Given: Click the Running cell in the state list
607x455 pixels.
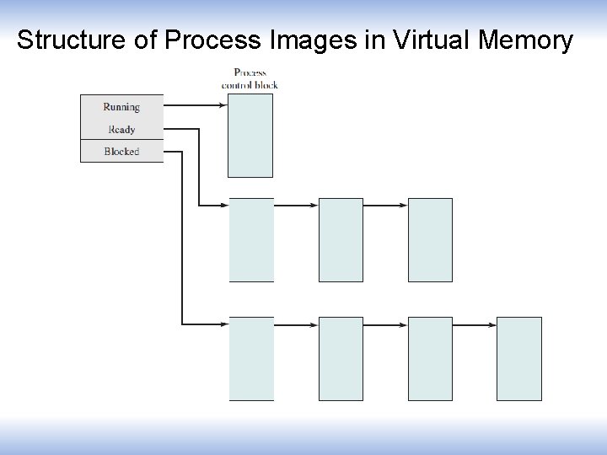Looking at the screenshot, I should [x=121, y=107].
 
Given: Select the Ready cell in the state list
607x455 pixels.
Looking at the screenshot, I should [x=121, y=130].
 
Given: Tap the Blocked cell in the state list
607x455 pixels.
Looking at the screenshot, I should [x=121, y=152].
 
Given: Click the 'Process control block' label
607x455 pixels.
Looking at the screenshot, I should [x=250, y=78].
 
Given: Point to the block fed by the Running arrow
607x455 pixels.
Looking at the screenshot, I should [x=250, y=135].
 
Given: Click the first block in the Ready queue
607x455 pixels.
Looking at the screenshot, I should [x=251, y=239].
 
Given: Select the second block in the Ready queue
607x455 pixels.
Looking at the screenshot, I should [x=341, y=239].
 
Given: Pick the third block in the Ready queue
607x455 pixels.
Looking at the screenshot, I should [x=430, y=239].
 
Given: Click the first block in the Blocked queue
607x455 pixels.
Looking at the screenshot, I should [x=251, y=358].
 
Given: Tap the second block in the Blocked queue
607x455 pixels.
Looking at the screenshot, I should [x=341, y=358].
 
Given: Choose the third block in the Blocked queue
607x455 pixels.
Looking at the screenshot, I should [x=430, y=358].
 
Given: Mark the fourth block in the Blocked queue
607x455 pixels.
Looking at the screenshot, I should [x=519, y=358].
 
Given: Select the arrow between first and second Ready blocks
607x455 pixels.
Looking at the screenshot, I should [x=296, y=205].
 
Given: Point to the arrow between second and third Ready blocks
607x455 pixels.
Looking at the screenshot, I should [x=385, y=205].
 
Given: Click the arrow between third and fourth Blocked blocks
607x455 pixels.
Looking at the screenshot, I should [x=475, y=324].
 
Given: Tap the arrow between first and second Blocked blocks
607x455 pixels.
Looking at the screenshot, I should [x=296, y=324].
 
